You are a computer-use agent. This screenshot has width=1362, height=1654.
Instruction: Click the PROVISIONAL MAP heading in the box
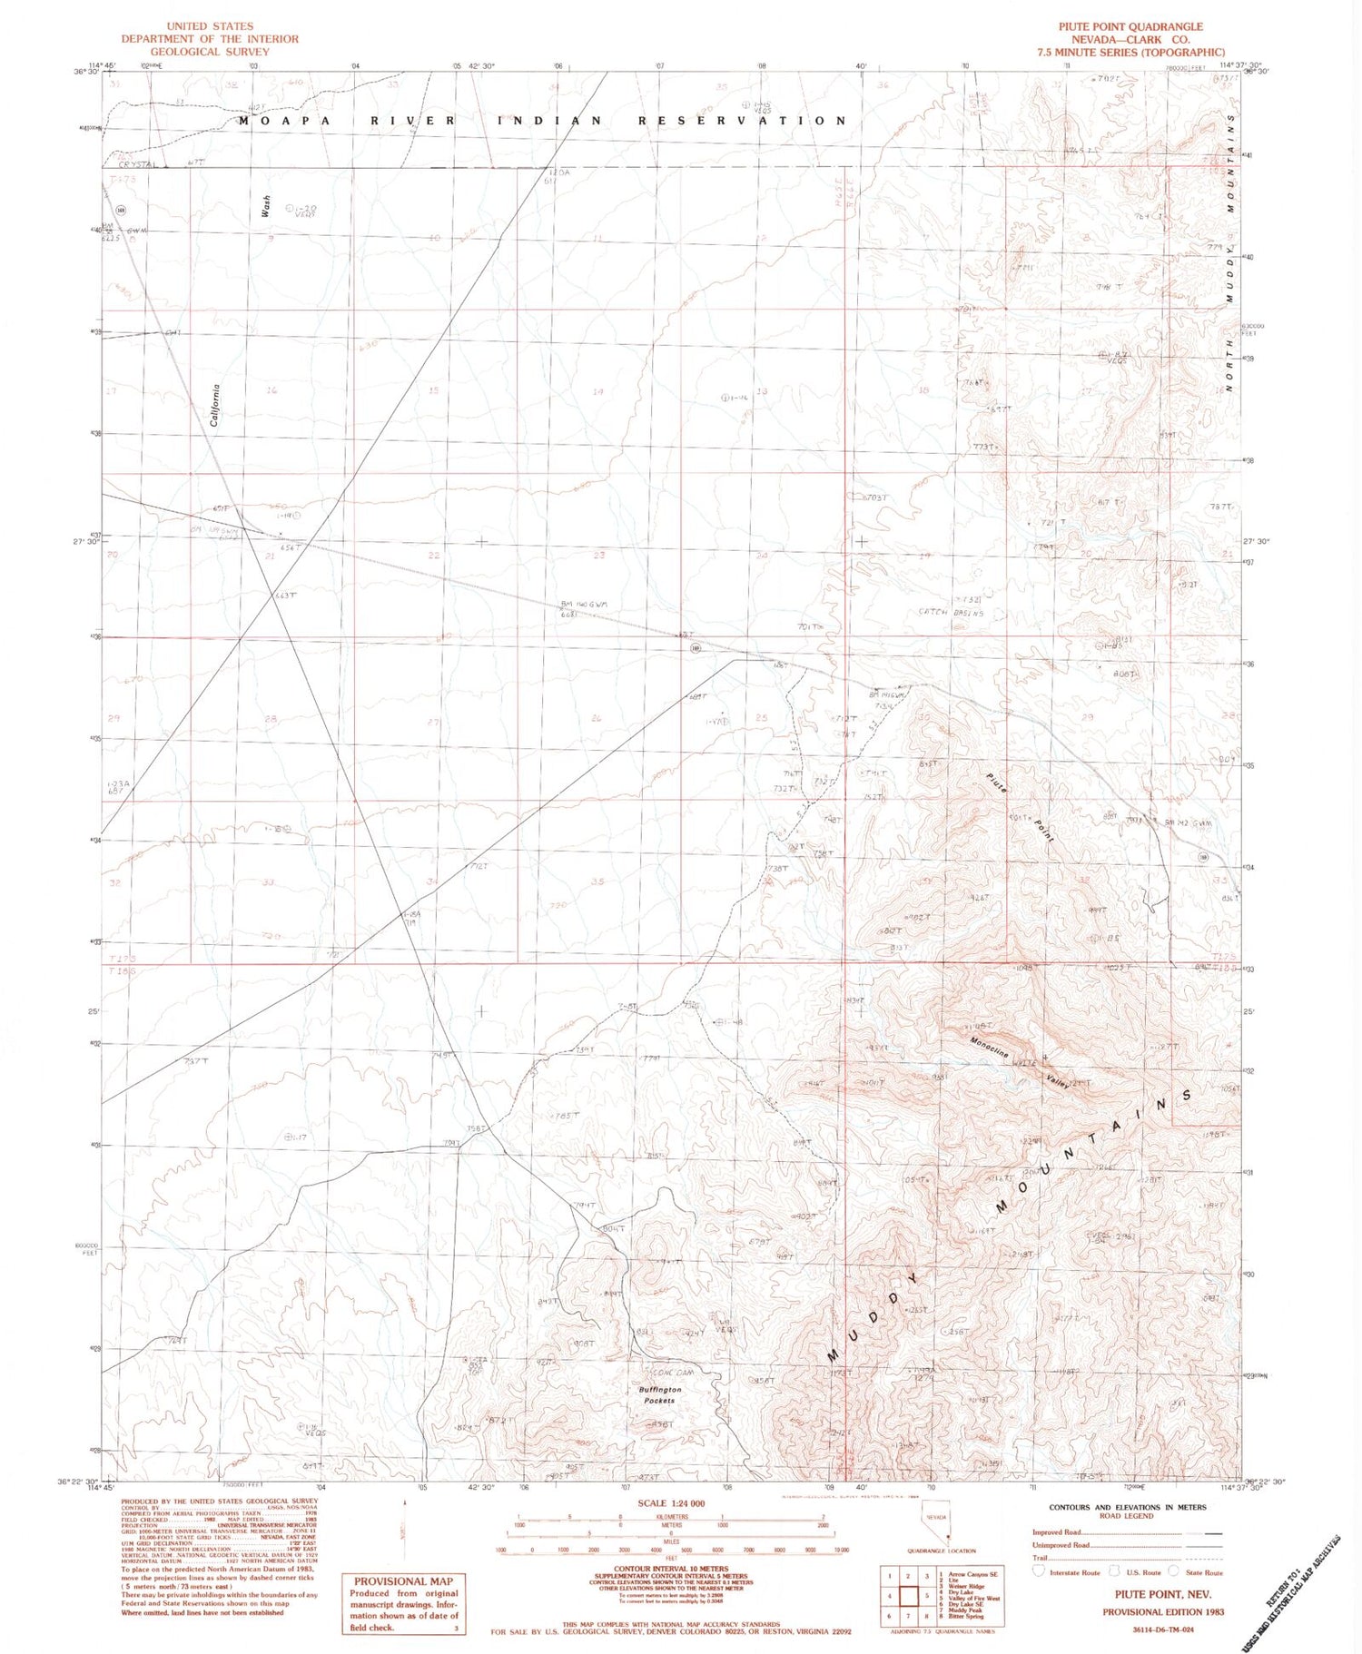(403, 1580)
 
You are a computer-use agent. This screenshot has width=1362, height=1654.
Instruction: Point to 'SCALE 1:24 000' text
(671, 1503)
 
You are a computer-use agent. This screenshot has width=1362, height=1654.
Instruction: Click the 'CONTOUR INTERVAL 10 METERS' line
(671, 1568)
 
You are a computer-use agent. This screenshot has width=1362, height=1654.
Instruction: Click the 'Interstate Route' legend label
(1074, 1572)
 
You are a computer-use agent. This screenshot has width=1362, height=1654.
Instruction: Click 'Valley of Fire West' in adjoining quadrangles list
(973, 1598)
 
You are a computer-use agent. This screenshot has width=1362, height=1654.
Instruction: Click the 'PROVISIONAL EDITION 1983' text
(1163, 1612)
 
